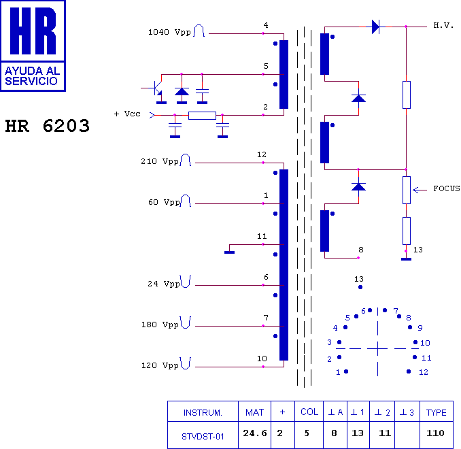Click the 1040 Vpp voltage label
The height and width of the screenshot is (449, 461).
point(169,32)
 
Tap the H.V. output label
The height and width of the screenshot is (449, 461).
point(443,25)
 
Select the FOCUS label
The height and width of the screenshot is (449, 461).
point(446,188)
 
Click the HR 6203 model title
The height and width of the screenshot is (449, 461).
point(48,126)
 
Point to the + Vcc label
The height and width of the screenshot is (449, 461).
point(127,114)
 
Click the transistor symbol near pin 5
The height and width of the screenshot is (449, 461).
point(156,88)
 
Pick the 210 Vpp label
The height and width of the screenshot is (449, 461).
point(160,161)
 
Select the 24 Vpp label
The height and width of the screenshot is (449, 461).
point(163,284)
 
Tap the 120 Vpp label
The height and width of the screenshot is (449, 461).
point(160,365)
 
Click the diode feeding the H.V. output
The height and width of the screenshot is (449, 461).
point(375,27)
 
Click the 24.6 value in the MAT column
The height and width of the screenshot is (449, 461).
point(255,433)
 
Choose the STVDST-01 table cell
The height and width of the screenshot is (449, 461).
point(203,436)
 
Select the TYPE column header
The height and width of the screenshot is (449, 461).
point(437,412)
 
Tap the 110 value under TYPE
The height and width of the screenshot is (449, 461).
point(435,433)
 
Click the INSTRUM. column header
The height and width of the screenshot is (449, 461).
point(203,413)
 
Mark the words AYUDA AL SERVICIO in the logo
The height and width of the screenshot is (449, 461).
point(33,76)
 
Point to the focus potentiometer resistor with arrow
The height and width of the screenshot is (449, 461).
point(407,190)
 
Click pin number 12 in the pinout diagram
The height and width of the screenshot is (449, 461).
point(424,372)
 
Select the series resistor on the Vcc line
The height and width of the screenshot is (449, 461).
point(202,116)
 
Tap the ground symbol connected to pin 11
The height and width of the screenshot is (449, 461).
point(229,252)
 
